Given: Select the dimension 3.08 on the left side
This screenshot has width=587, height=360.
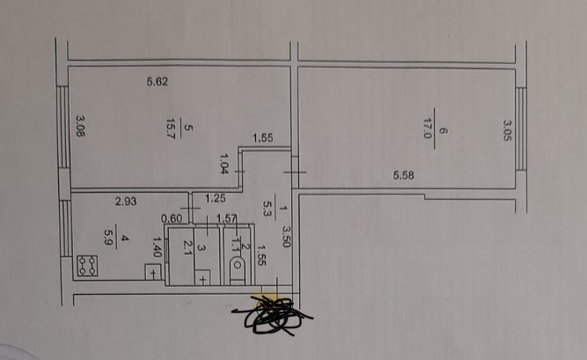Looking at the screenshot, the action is (79, 128).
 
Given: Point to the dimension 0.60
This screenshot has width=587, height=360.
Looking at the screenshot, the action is (171, 219).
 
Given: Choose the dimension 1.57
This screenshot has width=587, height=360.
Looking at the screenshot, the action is (226, 219).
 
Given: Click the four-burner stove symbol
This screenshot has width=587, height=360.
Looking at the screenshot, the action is (87, 266).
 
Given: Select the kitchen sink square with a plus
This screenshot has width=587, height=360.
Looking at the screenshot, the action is (153, 273).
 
